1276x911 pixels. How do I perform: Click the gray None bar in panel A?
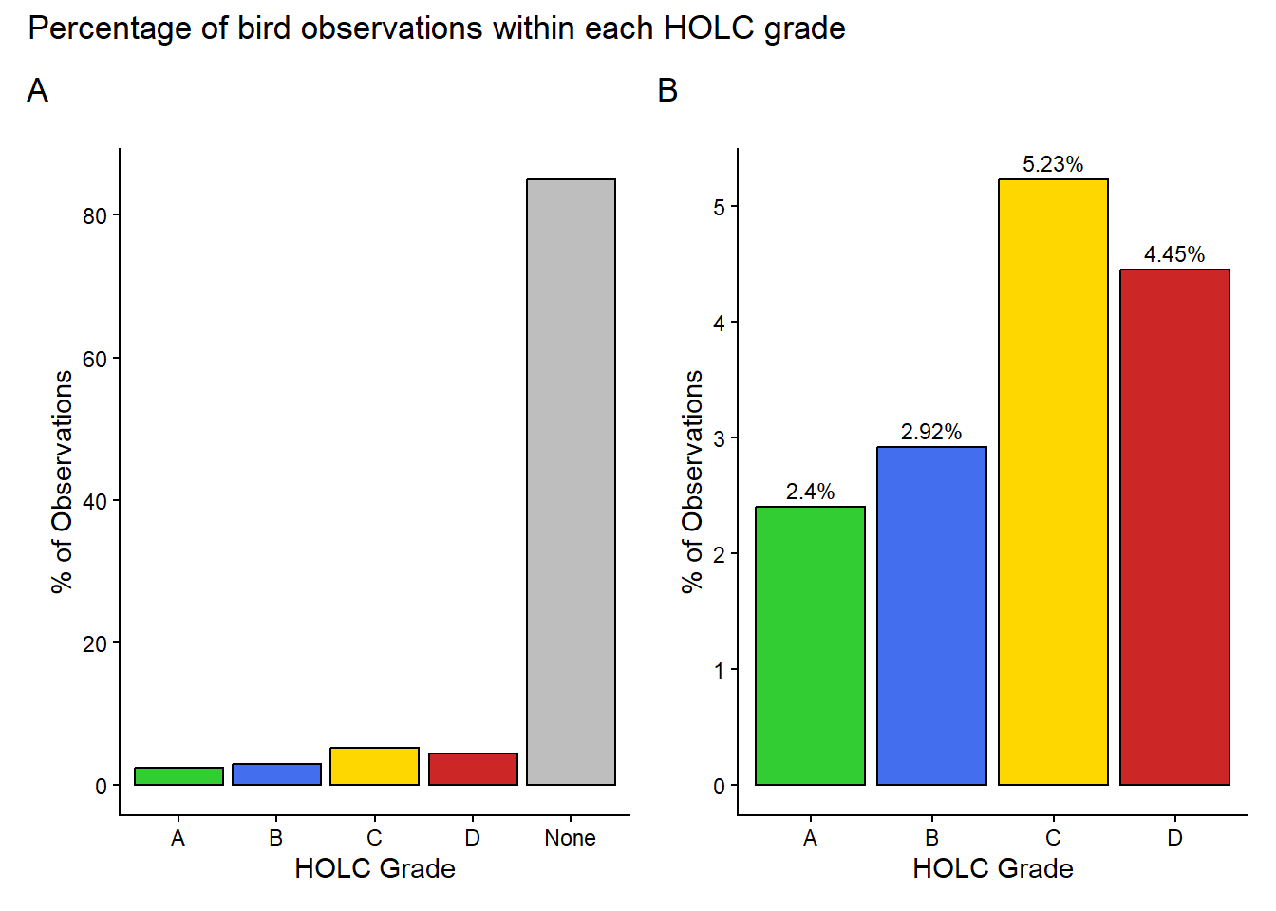(x=571, y=482)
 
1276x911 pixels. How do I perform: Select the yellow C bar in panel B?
(x=1053, y=482)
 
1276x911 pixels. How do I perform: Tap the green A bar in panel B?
(x=810, y=645)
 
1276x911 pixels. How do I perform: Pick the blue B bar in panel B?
(x=931, y=616)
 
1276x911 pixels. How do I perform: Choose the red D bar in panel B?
(x=1174, y=527)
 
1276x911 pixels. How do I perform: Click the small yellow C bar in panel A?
(x=374, y=767)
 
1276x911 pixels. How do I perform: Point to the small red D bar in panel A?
(x=473, y=770)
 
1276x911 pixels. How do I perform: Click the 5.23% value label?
(x=1053, y=164)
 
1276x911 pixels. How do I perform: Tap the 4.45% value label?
(x=1174, y=254)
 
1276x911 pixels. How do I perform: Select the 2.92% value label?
(x=931, y=432)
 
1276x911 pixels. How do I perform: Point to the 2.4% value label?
(x=810, y=492)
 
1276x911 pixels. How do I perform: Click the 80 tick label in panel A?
(x=95, y=216)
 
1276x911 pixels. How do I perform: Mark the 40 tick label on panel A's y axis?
(x=95, y=501)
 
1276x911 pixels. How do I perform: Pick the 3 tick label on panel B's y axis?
(x=719, y=438)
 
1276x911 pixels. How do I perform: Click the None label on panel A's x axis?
(x=570, y=838)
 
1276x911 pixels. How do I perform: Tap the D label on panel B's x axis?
(x=1174, y=838)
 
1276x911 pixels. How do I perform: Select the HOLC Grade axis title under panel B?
(x=992, y=868)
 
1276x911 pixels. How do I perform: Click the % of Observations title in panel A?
(x=63, y=482)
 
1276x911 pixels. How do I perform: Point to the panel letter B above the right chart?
(x=667, y=91)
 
